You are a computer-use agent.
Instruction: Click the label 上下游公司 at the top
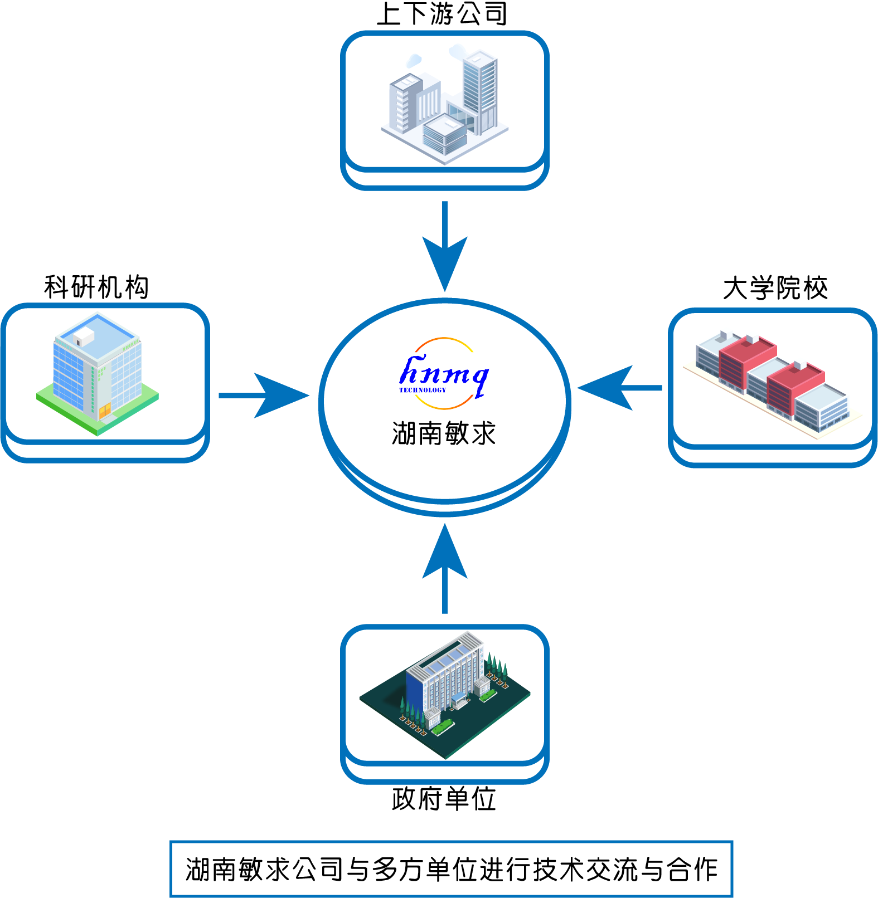coord(442,14)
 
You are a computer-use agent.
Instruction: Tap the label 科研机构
coord(96,287)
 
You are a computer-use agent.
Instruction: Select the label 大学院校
coord(775,289)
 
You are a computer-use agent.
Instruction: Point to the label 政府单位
coord(444,799)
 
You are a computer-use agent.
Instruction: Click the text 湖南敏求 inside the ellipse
coord(444,433)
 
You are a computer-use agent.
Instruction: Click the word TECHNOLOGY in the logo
coord(423,390)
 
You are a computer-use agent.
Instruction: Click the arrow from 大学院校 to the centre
coord(619,388)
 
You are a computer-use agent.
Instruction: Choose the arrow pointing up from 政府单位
coord(444,568)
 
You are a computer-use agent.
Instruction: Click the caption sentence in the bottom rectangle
coord(451,869)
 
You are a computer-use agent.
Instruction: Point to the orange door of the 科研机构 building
coord(105,412)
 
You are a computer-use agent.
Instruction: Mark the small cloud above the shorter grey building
coord(414,60)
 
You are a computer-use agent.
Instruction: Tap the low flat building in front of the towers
coord(444,134)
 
